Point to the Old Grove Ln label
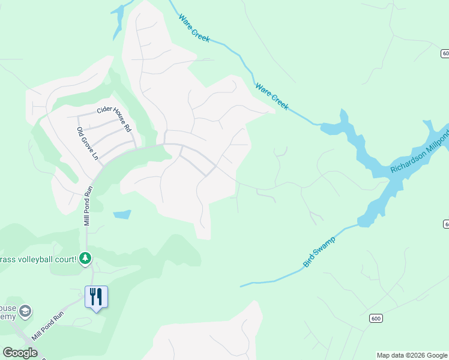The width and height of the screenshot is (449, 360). coord(87,143)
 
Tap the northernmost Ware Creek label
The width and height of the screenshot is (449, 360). coord(194,28)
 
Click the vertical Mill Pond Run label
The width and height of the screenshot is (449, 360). coord(86,205)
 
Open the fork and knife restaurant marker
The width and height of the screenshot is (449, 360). coord(96,296)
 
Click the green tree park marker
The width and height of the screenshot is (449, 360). coord(86,259)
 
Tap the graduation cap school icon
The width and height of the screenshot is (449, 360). coord(25,311)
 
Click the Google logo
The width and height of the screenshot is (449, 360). coord(20,353)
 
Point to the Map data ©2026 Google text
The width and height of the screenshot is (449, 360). coord(412,355)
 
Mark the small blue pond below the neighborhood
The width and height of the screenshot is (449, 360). coord(122,214)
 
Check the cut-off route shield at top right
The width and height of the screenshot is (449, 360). coord(445,54)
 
